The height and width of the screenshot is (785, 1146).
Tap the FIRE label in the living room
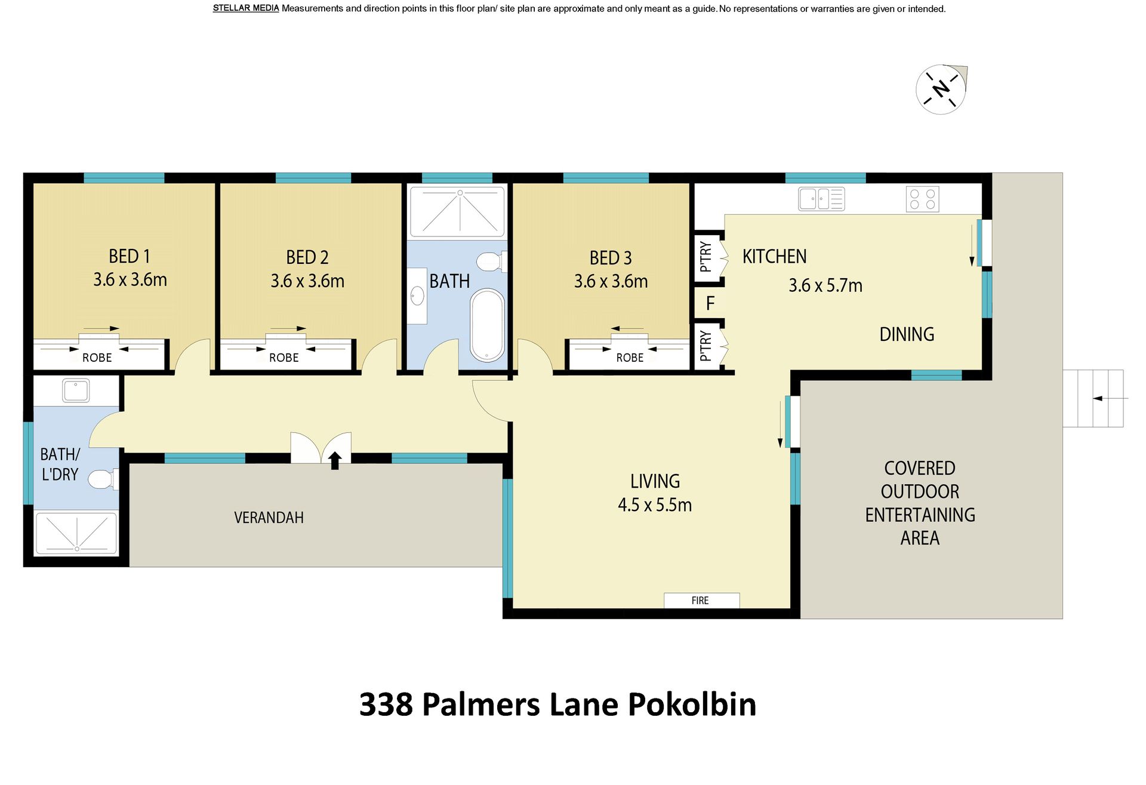(x=700, y=601)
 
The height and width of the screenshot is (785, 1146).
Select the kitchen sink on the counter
(x=821, y=199)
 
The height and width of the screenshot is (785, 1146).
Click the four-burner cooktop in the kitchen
(x=922, y=199)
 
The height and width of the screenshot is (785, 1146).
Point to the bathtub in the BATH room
(x=487, y=325)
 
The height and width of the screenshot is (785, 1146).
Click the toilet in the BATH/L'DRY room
(x=103, y=479)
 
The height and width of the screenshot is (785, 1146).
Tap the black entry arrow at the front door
(x=335, y=460)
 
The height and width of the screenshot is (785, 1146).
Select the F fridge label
(x=710, y=304)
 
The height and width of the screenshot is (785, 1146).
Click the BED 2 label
(x=307, y=257)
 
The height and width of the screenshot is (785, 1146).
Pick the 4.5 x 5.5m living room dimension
(x=655, y=505)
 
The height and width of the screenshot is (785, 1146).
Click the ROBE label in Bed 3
(x=630, y=358)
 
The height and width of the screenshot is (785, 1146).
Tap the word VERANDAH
(x=269, y=518)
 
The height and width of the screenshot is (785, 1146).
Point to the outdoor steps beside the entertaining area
(x=1093, y=398)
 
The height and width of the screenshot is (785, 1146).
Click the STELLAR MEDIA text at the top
(x=246, y=8)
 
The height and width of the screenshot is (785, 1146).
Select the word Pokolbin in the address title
(x=692, y=704)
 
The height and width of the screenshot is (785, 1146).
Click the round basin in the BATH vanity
(x=417, y=297)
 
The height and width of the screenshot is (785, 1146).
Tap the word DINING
(x=907, y=334)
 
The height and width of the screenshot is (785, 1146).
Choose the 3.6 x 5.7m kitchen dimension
(x=825, y=285)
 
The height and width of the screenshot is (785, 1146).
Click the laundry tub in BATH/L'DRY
(x=76, y=391)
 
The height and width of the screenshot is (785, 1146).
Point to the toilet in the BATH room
(x=491, y=261)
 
